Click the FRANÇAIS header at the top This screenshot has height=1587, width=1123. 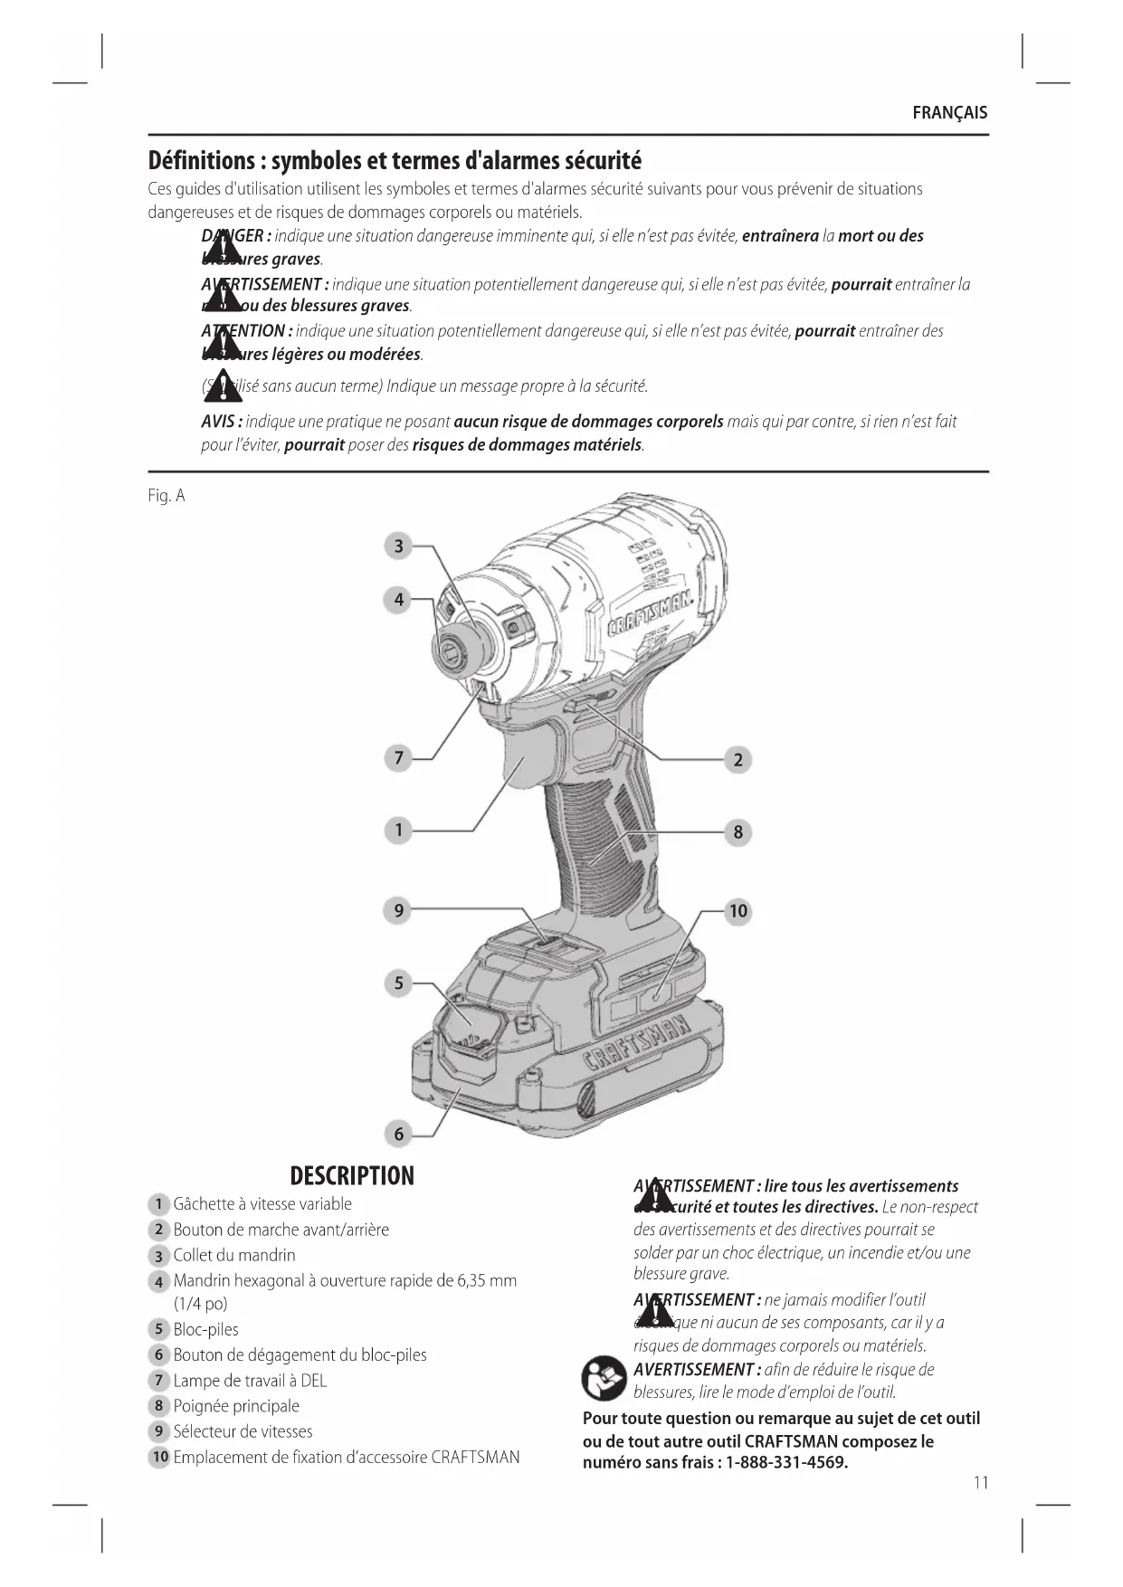(x=949, y=113)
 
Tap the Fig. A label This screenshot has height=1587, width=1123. (x=167, y=496)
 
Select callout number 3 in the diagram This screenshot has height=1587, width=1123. (x=398, y=546)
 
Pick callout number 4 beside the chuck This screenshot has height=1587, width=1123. (x=398, y=599)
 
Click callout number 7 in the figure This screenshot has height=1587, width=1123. (x=398, y=757)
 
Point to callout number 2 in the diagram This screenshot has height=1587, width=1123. (x=738, y=760)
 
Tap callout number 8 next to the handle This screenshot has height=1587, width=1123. (x=738, y=832)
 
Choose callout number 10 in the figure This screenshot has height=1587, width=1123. (x=738, y=911)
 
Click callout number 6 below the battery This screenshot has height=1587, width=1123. (x=398, y=1133)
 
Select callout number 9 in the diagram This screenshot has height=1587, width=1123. (x=398, y=910)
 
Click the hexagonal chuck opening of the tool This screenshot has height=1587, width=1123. (x=451, y=649)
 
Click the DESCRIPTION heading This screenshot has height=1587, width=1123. (x=352, y=1175)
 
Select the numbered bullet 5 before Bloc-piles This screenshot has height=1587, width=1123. (x=158, y=1329)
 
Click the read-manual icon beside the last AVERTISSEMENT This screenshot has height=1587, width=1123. (x=604, y=1379)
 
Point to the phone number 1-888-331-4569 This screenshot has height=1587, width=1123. (x=786, y=1463)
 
